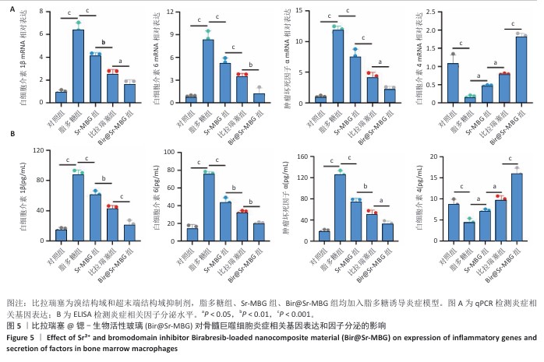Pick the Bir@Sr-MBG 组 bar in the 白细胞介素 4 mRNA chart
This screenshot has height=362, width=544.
coord(521,69)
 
